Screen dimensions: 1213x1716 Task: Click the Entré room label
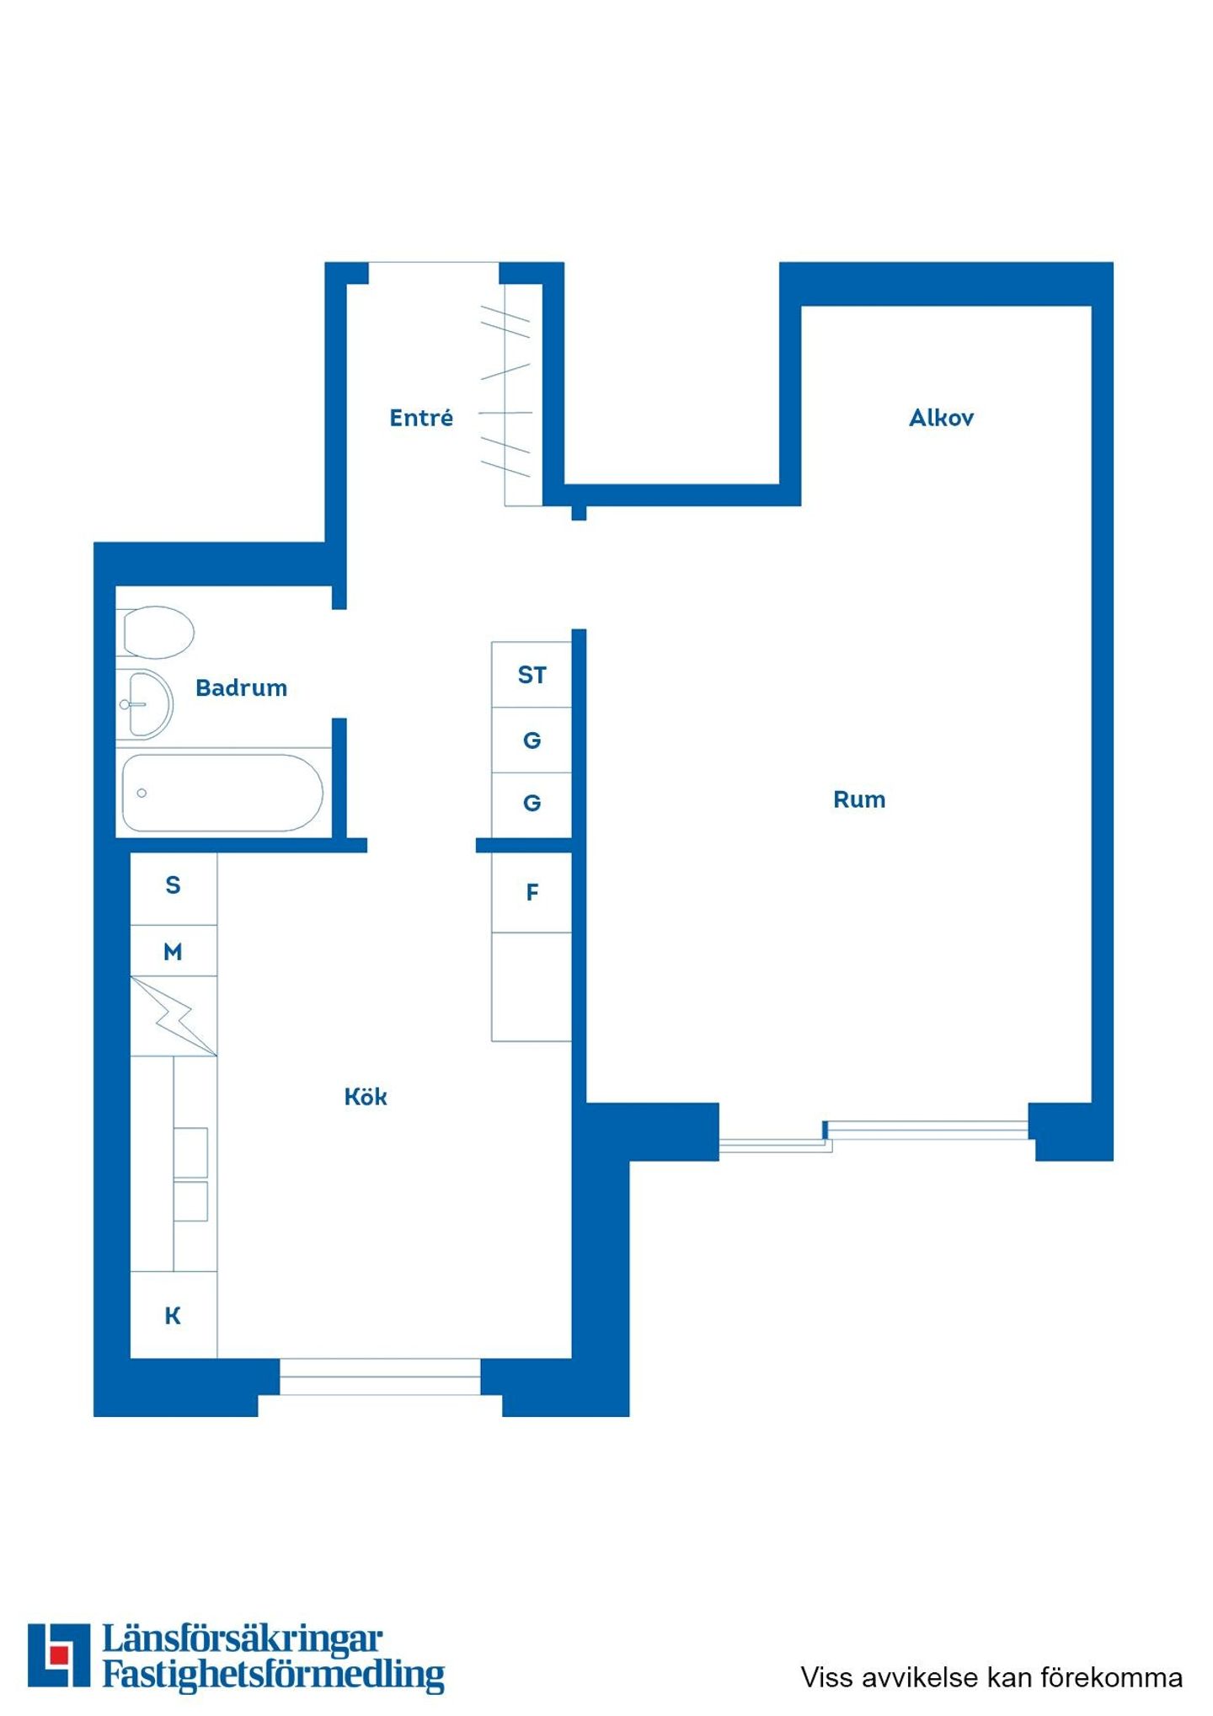420,417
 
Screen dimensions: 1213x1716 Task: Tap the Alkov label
941,417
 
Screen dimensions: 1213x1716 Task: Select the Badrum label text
241,687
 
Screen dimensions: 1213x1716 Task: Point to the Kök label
366,1096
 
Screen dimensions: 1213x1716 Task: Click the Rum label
859,799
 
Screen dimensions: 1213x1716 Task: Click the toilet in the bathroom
156,632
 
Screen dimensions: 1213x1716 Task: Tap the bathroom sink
145,704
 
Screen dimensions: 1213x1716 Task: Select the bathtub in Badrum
222,793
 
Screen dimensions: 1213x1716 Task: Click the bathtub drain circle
142,793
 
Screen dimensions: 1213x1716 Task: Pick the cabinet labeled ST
532,675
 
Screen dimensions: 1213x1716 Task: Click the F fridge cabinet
532,892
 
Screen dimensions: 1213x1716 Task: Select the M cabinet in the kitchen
174,951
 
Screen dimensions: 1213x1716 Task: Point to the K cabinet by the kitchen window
174,1314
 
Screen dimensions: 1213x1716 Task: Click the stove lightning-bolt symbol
174,1016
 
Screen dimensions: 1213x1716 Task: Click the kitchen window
380,1377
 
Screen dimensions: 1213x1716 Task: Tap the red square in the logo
59,1655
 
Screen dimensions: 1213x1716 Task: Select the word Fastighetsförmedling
274,1675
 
